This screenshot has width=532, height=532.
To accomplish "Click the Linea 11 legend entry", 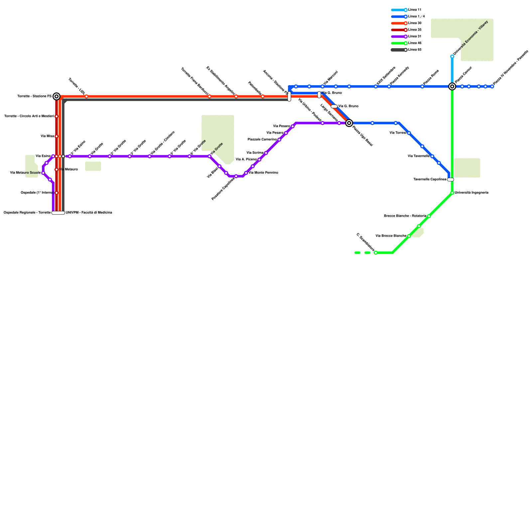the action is (406, 10).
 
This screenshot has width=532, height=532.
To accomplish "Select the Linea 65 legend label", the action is (415, 50).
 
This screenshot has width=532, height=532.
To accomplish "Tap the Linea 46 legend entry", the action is (406, 43).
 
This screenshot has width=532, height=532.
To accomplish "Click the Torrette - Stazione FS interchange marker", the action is (57, 96).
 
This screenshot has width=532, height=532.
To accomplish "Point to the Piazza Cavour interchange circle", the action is (452, 86).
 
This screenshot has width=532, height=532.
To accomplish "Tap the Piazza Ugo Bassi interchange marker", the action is (349, 123).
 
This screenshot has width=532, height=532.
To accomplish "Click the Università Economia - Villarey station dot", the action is (452, 57).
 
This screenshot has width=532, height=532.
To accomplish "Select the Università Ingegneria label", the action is (471, 193).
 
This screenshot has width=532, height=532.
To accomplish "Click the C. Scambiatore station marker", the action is (376, 253).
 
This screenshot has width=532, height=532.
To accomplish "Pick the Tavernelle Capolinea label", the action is (430, 180).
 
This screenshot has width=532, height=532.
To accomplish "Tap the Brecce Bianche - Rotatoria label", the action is (405, 216).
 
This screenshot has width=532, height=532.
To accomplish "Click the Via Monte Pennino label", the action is (263, 173).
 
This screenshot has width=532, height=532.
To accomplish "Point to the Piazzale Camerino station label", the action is (262, 140).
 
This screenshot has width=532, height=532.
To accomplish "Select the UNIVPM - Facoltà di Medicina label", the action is (89, 213).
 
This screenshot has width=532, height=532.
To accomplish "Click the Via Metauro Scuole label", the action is (25, 173).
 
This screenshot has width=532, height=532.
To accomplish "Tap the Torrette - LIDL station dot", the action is (86, 96).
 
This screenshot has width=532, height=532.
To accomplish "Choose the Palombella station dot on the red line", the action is (263, 96).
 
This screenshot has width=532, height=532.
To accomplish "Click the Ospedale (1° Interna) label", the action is (37, 193).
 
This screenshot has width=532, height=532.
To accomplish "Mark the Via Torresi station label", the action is (398, 133).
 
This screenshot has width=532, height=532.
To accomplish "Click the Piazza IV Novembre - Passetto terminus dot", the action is (492, 86).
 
